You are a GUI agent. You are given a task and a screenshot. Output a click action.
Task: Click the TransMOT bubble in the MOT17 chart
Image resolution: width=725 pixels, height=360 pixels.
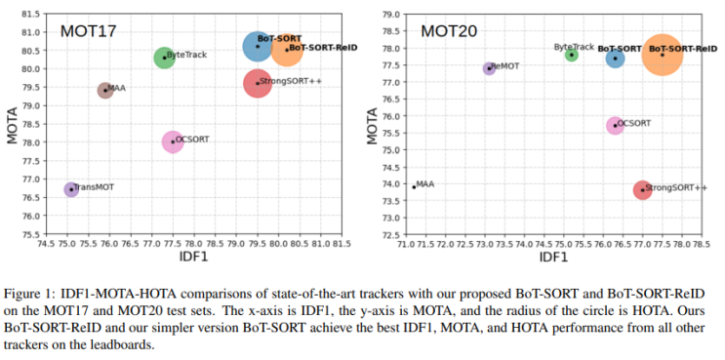71,189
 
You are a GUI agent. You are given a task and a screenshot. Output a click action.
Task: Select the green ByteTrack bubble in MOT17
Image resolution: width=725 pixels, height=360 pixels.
164,58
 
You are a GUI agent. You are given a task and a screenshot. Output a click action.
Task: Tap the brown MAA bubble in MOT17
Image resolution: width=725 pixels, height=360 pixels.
105,90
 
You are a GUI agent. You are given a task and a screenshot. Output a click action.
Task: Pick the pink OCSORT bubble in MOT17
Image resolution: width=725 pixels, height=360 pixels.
173,141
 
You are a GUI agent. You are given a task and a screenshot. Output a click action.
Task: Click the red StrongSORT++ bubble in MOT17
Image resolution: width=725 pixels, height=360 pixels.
258,83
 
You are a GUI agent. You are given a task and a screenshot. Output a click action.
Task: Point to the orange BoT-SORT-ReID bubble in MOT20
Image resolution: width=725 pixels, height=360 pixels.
663,55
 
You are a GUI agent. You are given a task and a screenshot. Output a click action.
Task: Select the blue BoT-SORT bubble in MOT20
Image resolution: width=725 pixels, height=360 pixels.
615,59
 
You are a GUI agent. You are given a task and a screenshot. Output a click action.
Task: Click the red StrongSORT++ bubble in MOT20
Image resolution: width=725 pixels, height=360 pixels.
642,189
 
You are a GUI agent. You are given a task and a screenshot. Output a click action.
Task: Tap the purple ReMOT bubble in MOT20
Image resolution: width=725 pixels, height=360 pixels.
490,68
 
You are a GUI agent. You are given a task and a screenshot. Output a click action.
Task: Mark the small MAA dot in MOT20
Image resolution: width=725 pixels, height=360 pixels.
414,185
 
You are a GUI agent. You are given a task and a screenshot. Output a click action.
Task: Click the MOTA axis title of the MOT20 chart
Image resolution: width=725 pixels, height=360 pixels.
373,124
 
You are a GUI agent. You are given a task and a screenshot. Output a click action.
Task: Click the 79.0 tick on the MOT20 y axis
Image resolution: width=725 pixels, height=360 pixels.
388,15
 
